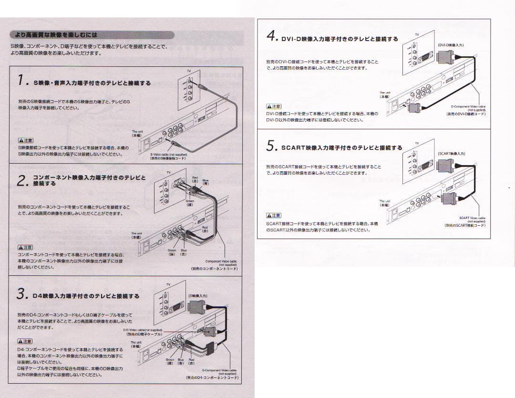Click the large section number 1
coord(21,81)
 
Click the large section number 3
coord(21,295)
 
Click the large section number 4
coord(272,37)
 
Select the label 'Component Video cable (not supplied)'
coord(221,263)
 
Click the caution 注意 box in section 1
coord(25,140)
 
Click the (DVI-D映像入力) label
coord(451,45)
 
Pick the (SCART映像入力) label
coord(451,154)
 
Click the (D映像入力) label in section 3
coord(197,296)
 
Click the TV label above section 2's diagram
coord(168,172)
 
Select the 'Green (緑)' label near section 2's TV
coord(190,203)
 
